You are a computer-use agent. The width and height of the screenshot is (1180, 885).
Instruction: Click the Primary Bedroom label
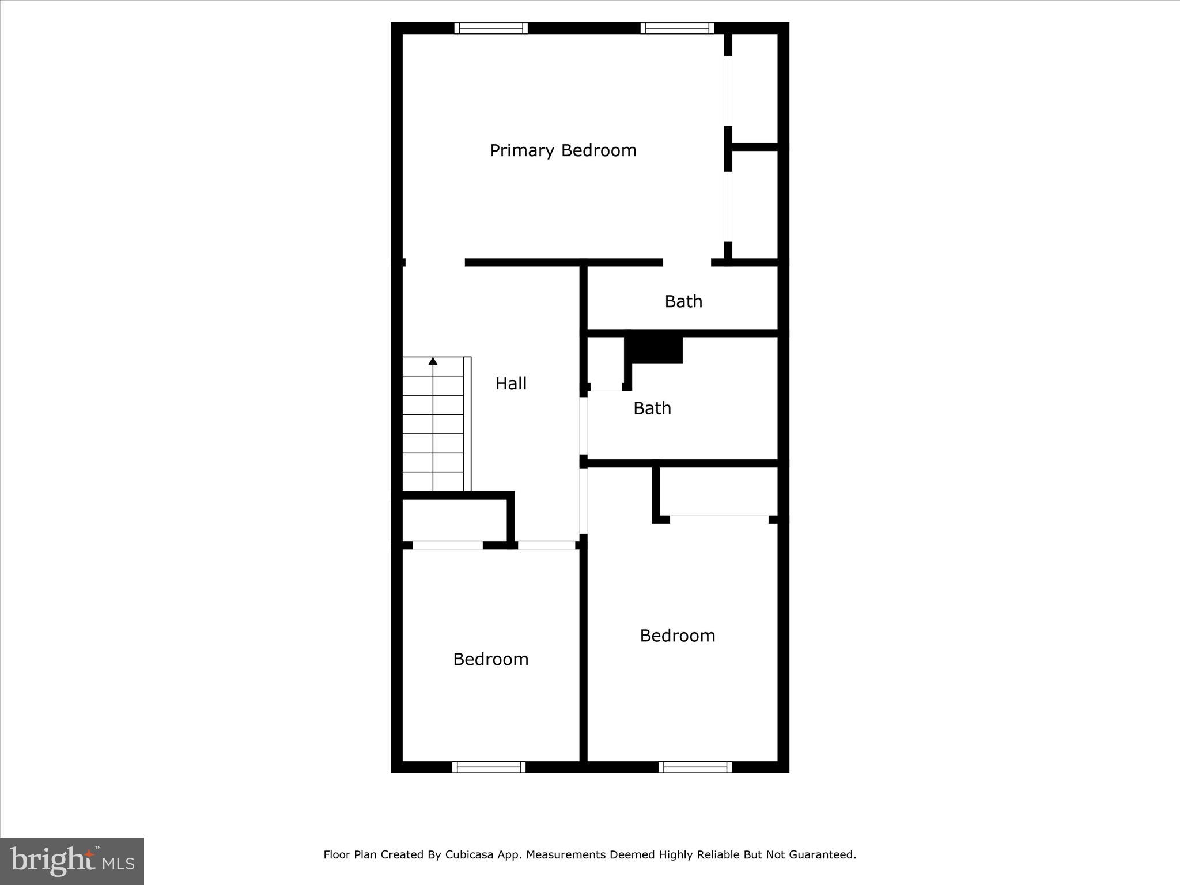(x=563, y=150)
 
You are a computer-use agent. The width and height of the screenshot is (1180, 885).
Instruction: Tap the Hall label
(x=511, y=384)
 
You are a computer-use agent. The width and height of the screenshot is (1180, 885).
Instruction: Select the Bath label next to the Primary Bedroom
(x=683, y=301)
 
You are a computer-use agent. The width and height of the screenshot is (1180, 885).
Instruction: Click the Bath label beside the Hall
(x=652, y=409)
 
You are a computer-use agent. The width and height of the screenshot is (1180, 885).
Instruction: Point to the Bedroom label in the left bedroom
(x=491, y=659)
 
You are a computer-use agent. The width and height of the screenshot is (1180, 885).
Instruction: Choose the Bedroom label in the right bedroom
(x=678, y=636)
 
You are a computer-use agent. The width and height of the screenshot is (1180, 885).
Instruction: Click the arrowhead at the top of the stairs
(x=433, y=361)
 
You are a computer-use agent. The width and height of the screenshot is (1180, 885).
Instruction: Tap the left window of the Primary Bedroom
(x=491, y=28)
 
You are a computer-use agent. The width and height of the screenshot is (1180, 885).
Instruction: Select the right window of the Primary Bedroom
(x=677, y=28)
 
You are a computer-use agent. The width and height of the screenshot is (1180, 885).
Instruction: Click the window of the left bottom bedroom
(x=489, y=767)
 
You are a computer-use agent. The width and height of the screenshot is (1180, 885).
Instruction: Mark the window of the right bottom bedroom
(x=695, y=767)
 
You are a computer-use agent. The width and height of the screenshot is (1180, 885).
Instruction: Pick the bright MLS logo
(x=72, y=861)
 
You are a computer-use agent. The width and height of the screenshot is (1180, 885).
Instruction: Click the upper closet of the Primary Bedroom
(x=755, y=89)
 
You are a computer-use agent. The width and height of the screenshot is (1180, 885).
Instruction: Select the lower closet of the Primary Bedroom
(x=755, y=205)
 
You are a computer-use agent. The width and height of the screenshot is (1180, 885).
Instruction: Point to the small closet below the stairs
(x=454, y=520)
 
